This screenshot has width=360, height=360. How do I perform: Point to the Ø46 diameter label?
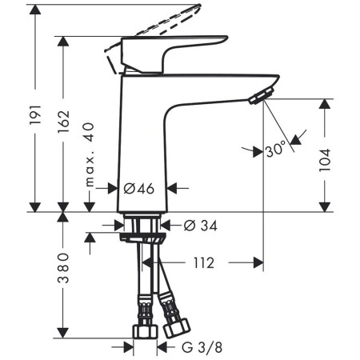point(140,189)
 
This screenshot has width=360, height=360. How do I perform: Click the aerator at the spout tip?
point(258,98)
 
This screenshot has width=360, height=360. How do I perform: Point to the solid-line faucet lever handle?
point(172,48)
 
